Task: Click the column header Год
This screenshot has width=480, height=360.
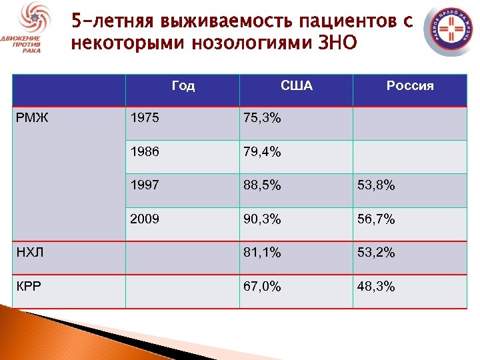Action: coord(183,85)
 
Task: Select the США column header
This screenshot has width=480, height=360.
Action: coord(297,85)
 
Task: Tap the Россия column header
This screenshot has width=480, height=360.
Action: coord(410,85)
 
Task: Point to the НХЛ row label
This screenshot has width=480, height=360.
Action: coord(29,253)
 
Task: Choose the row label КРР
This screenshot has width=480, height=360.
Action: coord(29,287)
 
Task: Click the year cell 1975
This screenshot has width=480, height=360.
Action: coord(145,119)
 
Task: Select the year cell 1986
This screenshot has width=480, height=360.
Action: coord(145,152)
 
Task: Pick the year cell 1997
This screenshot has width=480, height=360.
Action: coord(145,185)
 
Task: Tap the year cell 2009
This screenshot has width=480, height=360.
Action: coord(145,219)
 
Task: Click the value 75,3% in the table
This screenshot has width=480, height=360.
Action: coord(263,119)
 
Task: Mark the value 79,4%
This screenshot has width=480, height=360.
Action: coord(263,152)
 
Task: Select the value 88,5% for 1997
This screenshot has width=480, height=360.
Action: coord(263,185)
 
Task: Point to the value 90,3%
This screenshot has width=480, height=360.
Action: coord(263,219)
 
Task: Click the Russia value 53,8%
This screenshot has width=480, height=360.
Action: coord(376,185)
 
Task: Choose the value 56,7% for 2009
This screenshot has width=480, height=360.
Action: coord(376,219)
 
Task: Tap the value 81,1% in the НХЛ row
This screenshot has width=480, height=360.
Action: coord(263,253)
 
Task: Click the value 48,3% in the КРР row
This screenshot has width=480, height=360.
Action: coord(376,287)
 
